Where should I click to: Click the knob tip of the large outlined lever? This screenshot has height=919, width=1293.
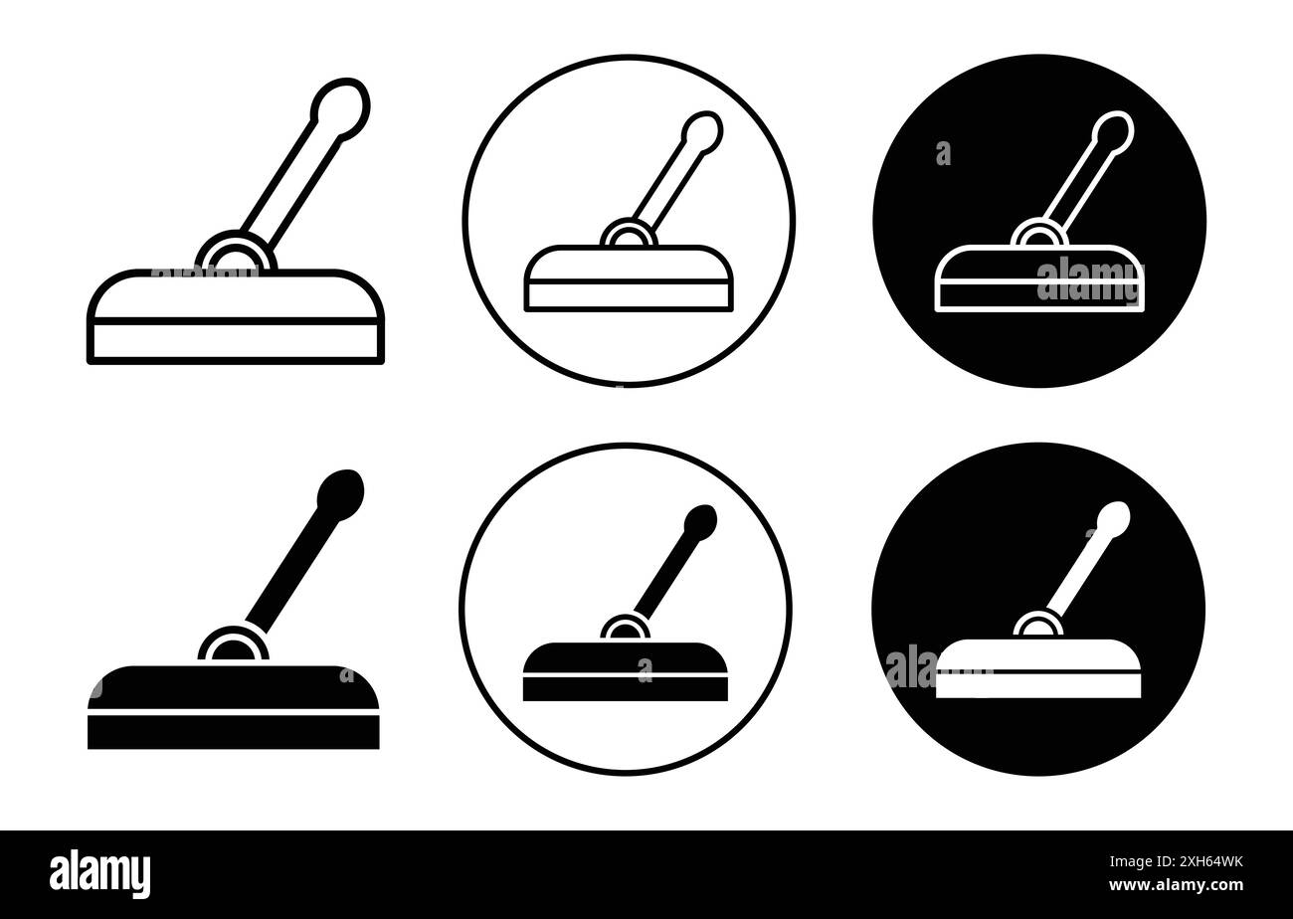340,103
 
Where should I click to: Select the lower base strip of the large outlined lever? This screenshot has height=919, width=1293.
236,341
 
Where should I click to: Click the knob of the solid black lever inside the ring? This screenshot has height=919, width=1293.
700,522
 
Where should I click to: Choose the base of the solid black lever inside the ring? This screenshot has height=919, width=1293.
625,672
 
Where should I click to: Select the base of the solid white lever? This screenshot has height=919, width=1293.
1037,668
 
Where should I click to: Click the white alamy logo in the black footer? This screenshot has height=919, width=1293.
99,874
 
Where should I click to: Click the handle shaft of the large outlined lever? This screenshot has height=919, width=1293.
290,179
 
